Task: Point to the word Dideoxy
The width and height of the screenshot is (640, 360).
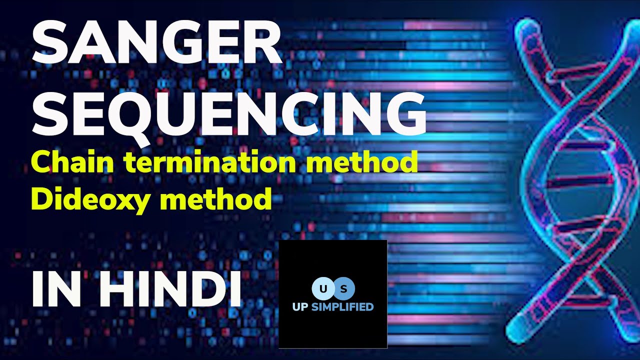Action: click(92, 199)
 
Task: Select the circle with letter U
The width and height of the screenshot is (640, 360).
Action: click(321, 288)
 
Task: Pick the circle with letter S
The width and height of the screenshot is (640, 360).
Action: click(344, 288)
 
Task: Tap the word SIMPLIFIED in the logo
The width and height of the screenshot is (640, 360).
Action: click(342, 306)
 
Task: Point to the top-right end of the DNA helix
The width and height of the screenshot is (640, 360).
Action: click(631, 25)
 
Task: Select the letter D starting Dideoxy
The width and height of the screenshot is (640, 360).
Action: click(41, 199)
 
